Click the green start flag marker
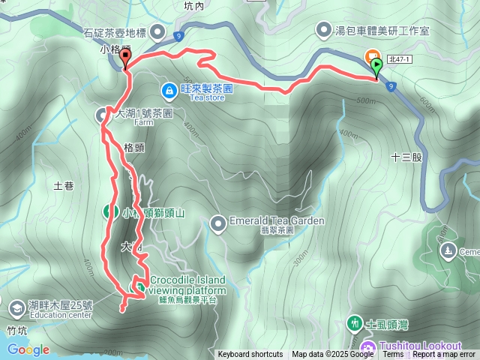(376, 66)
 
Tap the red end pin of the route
(124, 56)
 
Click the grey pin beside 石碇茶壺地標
(157, 31)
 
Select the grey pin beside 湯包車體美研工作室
(323, 31)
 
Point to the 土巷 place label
(64, 185)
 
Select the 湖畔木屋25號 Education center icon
(16, 306)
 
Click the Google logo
(28, 349)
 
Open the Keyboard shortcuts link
(250, 355)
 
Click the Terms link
(393, 355)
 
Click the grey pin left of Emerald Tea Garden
(218, 222)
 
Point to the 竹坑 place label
(16, 328)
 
